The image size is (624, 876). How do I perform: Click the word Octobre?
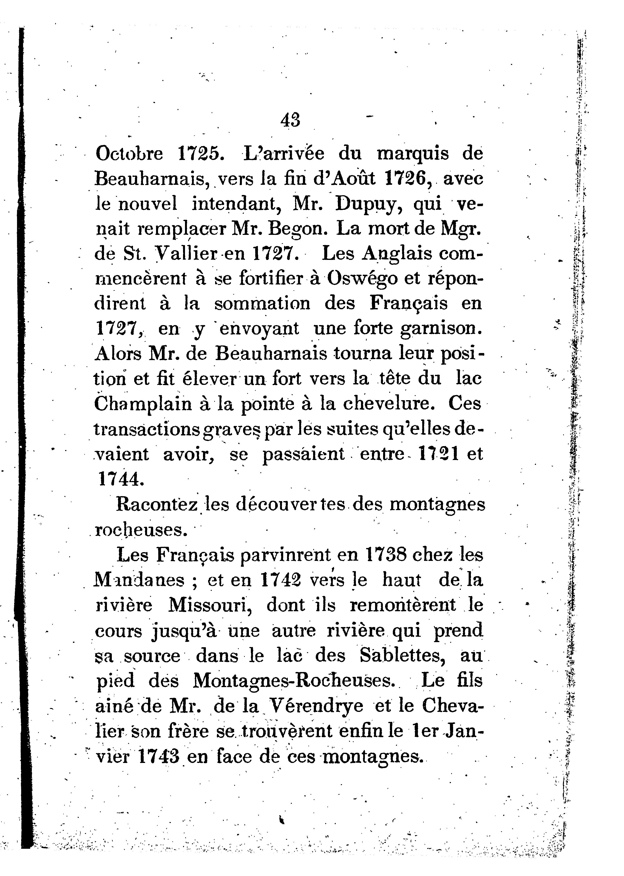click(129, 154)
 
